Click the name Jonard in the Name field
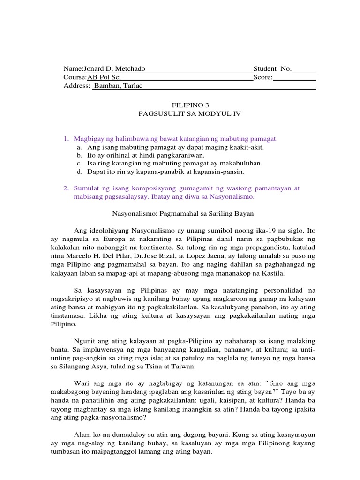click(94, 69)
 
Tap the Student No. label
click(272, 69)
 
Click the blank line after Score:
click(294, 77)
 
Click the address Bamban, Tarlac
click(115, 86)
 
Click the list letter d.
click(80, 172)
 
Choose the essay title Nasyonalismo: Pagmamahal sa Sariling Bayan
click(183, 213)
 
